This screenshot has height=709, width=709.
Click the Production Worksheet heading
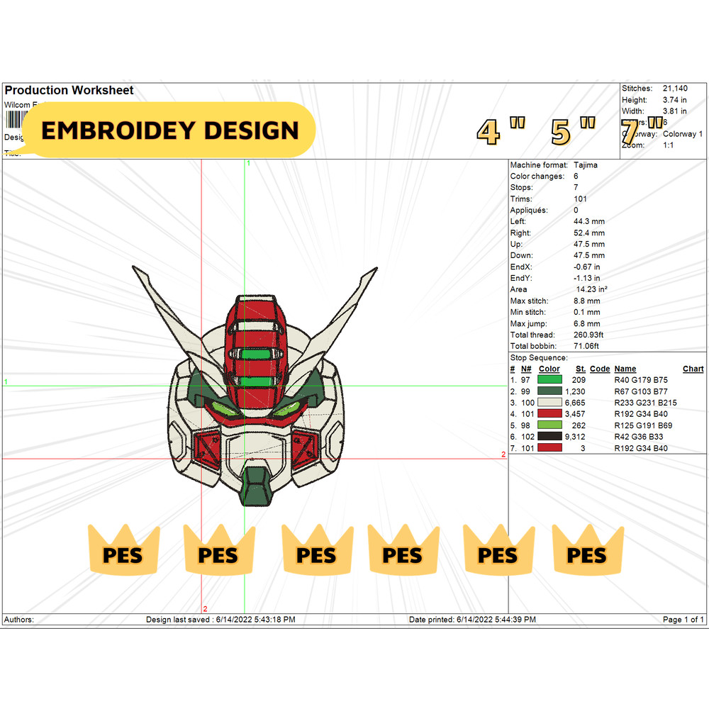69,91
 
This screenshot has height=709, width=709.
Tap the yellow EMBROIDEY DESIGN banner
169,130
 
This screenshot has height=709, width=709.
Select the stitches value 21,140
674,89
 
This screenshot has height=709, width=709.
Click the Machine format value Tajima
586,165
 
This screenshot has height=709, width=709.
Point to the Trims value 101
580,199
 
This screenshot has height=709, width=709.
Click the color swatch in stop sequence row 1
550,380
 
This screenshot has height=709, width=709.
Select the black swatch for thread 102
550,437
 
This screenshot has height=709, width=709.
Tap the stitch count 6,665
575,403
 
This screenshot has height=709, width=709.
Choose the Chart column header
693,369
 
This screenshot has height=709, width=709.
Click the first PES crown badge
123,550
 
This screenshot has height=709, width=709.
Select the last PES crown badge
588,550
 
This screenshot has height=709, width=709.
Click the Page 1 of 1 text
683,620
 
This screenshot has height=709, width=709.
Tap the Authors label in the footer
19,620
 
